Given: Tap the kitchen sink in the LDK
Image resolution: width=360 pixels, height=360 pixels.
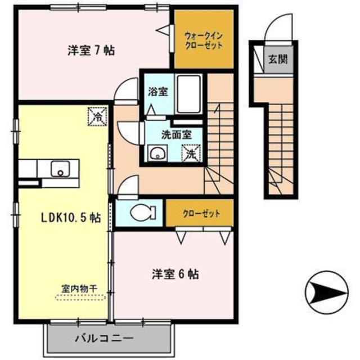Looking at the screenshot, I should (59, 168).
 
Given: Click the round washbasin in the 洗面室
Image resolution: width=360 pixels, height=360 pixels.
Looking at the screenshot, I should (156, 152).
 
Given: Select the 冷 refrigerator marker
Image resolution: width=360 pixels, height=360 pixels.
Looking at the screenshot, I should (96, 118).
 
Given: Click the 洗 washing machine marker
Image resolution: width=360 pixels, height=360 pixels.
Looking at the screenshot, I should (191, 152).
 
